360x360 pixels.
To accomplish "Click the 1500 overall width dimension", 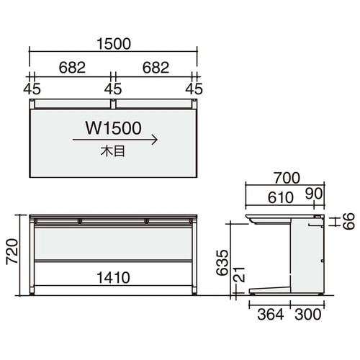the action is point(114,44).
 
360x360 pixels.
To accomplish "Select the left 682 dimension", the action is point(72,68).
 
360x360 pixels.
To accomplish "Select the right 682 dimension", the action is point(156,68).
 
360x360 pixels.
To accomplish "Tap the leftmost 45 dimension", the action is point(32,89).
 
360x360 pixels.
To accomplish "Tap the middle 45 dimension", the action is point(113,89).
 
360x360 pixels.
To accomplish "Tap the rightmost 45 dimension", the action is point(194,89).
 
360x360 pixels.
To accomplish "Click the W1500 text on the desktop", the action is point(114,128).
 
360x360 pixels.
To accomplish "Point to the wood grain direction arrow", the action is point(115,140).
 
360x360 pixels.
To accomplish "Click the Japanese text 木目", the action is point(113,152).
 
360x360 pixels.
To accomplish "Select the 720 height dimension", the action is point(12,251).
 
